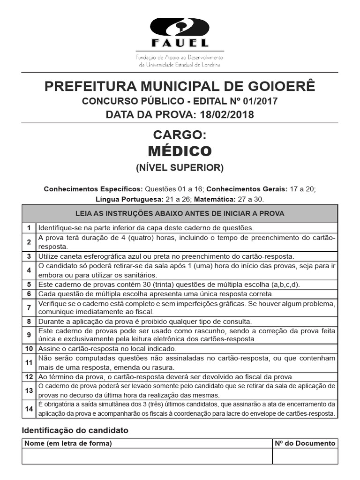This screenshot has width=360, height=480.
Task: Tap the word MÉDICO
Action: point(180,151)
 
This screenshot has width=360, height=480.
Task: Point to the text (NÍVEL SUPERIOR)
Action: point(180,167)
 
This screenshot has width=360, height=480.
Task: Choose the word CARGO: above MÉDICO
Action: point(180,135)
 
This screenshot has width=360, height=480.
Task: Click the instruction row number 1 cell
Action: point(29,228)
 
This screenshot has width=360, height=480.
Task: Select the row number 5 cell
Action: point(29,285)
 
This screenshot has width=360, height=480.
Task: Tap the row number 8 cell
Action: point(29,322)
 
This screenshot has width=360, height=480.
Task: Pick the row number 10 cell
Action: point(29,349)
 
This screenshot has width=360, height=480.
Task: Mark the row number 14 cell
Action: point(29,409)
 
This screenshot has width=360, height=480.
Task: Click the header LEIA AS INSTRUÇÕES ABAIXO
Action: point(180,213)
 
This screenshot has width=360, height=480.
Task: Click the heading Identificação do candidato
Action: point(75,430)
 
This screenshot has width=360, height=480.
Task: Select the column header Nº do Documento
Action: point(305,443)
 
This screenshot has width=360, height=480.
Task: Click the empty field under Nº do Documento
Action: point(305,456)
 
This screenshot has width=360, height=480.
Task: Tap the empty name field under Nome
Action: point(147,456)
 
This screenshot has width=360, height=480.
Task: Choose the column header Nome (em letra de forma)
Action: point(68,443)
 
